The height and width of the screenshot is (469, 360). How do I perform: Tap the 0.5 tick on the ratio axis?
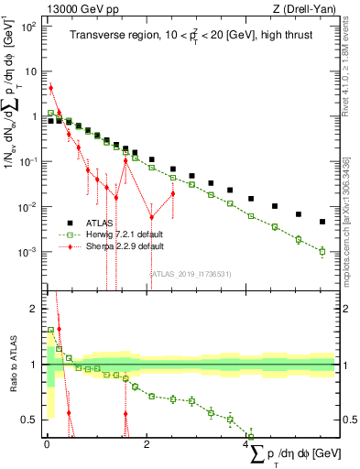[x=32, y=420]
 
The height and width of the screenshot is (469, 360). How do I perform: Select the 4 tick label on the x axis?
[x=247, y=445]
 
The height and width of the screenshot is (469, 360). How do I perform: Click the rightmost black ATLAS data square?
[x=322, y=222]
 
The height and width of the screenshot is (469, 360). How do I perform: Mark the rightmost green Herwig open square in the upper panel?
[x=322, y=251]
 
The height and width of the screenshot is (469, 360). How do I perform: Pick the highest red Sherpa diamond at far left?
[x=51, y=88]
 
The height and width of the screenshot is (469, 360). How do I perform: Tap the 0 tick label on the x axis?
[x=47, y=445]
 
